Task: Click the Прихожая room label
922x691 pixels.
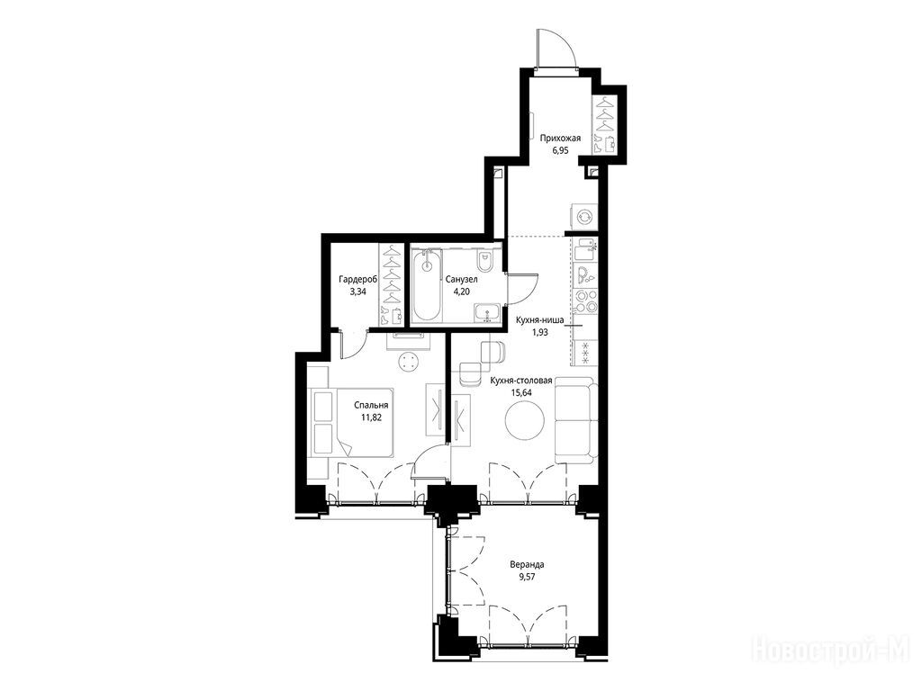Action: (x=560, y=139)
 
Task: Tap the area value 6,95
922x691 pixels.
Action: (x=560, y=150)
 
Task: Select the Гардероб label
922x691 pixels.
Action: (x=358, y=280)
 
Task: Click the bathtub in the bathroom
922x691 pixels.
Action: (x=428, y=285)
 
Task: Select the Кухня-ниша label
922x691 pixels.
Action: (x=540, y=321)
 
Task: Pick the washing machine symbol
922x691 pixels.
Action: (x=585, y=217)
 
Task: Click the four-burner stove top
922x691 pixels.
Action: (x=585, y=301)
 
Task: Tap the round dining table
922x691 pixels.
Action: (x=525, y=419)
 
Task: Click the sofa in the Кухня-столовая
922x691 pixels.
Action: (x=576, y=418)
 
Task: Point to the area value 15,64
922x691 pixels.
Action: (x=521, y=392)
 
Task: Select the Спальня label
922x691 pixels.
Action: (x=371, y=406)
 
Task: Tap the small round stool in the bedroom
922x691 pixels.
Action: (x=409, y=362)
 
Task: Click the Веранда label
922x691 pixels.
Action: (x=527, y=565)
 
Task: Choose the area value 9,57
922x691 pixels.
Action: (x=527, y=577)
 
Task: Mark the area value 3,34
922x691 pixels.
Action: (x=357, y=291)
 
